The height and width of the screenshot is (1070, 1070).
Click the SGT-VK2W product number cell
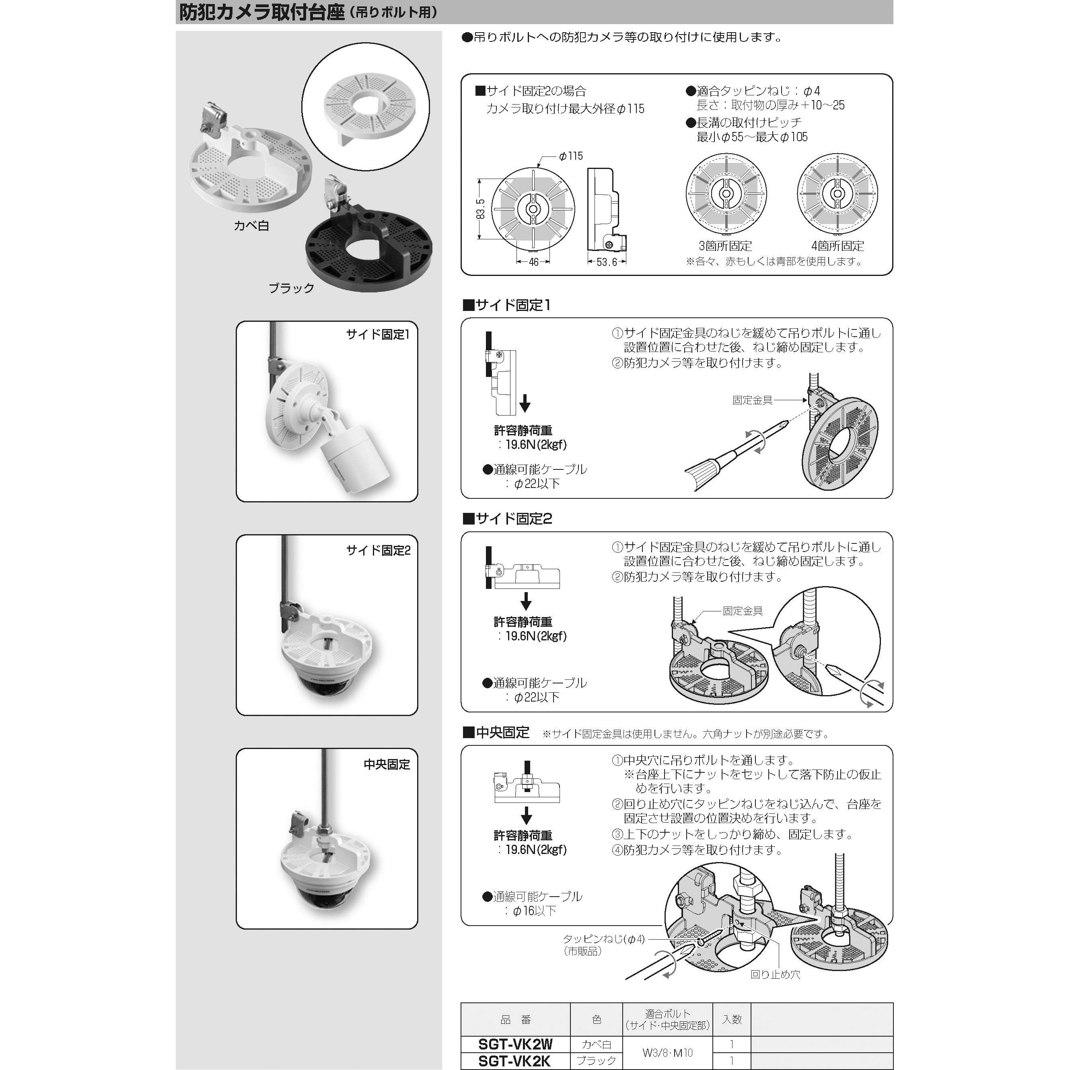point(515,1044)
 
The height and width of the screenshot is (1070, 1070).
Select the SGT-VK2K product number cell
point(515,1061)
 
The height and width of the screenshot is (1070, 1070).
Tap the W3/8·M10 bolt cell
point(667,1052)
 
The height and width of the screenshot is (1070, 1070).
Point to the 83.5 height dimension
point(481,209)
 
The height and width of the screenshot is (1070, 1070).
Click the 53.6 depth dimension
point(607,262)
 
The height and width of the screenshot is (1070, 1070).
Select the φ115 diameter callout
point(570,156)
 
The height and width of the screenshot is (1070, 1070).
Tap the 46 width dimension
point(533,262)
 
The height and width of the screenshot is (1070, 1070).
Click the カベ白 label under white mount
point(251,226)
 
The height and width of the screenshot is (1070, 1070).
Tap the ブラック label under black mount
point(291,288)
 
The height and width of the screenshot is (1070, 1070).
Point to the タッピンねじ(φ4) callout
point(604,939)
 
